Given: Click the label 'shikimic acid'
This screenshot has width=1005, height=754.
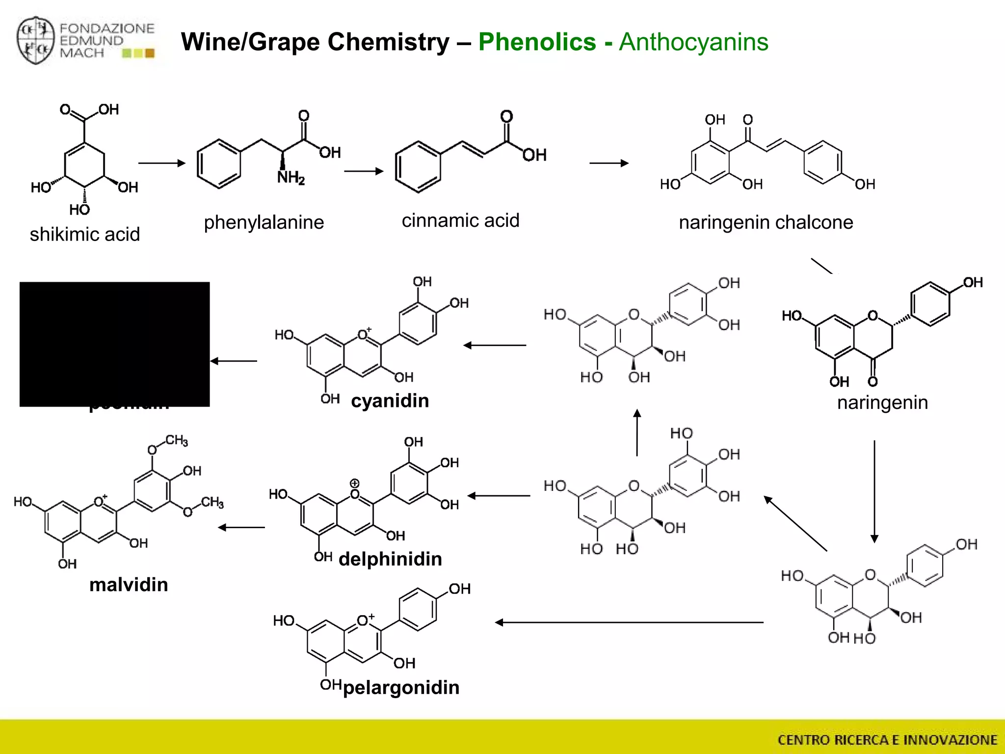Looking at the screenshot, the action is (x=84, y=234).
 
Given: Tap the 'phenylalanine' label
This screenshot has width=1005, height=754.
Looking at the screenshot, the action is (x=264, y=222).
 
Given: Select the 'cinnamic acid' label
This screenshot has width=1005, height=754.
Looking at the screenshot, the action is (x=460, y=221).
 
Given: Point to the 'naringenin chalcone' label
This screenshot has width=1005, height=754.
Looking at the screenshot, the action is (x=766, y=222).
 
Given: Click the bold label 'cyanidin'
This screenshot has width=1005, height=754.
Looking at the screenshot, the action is (x=390, y=401).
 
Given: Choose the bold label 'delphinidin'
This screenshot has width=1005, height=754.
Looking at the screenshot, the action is (x=390, y=559).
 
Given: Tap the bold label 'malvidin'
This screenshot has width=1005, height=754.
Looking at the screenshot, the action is (x=129, y=585).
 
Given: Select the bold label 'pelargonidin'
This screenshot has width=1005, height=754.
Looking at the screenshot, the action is (x=401, y=688).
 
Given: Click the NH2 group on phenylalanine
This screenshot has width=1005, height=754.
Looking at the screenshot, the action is (x=291, y=177).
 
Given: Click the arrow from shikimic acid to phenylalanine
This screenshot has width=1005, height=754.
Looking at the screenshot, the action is (x=161, y=163).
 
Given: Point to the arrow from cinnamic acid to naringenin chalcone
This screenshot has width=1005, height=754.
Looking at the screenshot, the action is (x=608, y=163).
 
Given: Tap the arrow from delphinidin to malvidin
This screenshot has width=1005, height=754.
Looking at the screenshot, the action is (x=241, y=528).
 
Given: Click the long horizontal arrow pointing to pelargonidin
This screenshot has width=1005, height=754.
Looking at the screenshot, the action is (x=629, y=622).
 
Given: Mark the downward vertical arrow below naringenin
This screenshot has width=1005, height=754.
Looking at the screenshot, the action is (x=874, y=491).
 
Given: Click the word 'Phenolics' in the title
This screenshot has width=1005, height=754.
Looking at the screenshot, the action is (x=537, y=42).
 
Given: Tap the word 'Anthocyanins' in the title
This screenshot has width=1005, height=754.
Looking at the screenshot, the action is (x=693, y=42).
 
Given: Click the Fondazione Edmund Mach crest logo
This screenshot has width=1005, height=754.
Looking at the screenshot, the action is (x=35, y=41).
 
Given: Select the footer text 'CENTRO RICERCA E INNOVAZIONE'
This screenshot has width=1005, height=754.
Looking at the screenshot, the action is (x=887, y=740).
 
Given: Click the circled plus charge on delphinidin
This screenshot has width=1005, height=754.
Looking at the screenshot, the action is (x=354, y=484).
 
